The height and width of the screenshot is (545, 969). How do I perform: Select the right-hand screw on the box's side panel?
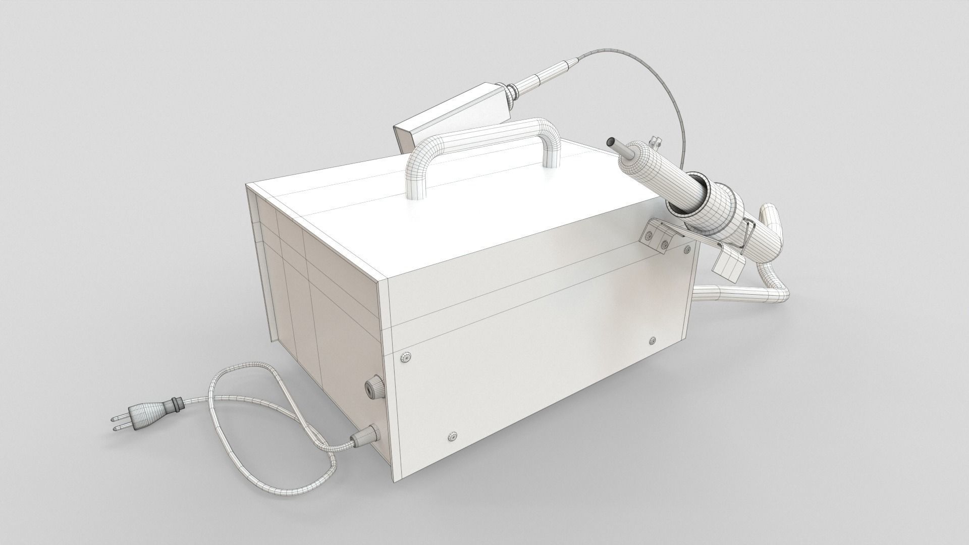(x=653, y=341)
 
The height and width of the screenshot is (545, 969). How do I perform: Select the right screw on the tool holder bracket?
(x=664, y=245)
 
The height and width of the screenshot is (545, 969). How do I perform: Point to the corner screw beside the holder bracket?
(x=686, y=249)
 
